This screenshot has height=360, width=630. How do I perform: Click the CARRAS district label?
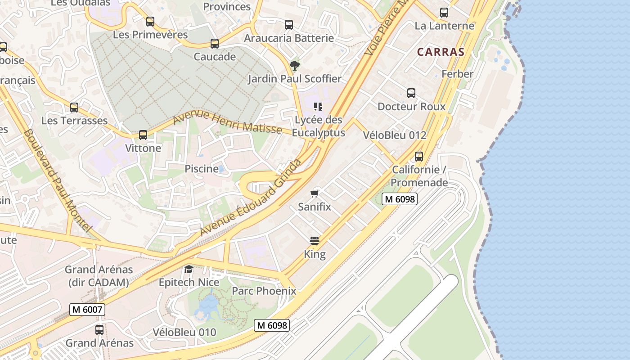click(x=441, y=52)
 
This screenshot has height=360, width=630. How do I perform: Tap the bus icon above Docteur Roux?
click(x=411, y=93)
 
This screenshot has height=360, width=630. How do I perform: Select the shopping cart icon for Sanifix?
click(x=315, y=193)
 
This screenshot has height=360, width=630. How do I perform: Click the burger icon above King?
click(x=315, y=240)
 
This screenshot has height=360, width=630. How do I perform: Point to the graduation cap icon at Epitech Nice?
click(x=189, y=269)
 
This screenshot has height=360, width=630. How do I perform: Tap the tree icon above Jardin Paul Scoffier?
click(x=294, y=66)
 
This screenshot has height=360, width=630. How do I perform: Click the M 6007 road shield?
click(x=87, y=310)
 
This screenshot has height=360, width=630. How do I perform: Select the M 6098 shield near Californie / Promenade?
click(x=400, y=199)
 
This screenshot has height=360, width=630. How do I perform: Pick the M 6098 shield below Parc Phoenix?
click(x=271, y=325)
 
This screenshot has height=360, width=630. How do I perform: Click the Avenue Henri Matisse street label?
click(x=228, y=122)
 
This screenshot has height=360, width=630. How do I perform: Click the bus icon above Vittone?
click(x=143, y=135)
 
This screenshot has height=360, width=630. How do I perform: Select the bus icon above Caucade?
click(x=215, y=44)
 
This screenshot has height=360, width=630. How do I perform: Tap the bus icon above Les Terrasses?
click(x=74, y=108)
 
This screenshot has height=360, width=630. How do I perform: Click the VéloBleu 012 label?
click(x=395, y=135)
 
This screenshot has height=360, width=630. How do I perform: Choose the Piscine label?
click(x=202, y=169)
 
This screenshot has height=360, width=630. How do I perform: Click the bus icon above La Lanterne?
click(x=444, y=13)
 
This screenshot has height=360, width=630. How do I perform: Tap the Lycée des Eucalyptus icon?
click(x=318, y=107)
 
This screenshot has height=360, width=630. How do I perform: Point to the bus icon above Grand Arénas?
click(x=99, y=329)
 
